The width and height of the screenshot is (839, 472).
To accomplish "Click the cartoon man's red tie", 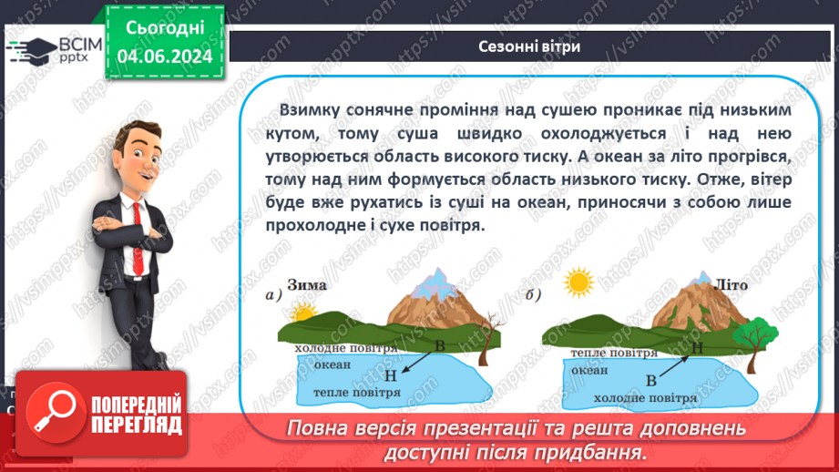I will (x=138, y=220).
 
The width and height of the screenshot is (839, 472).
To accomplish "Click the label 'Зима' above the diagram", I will (x=309, y=285).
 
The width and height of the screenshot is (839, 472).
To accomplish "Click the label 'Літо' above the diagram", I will (x=732, y=284).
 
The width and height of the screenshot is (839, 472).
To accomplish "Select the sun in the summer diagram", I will (x=578, y=282).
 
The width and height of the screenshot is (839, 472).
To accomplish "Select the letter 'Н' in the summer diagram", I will (x=698, y=347).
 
